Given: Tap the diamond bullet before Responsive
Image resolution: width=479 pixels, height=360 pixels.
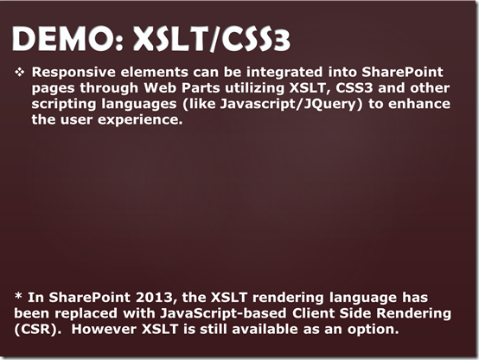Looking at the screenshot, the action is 20,72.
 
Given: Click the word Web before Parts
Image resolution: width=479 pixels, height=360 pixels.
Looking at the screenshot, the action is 160,87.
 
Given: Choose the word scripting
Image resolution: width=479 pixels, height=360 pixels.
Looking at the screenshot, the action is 64,105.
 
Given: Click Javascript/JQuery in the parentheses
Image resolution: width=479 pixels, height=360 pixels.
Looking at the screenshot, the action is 289,105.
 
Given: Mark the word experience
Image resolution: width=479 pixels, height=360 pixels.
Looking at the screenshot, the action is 140,120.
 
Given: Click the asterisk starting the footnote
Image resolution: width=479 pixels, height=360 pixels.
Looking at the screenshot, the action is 18,296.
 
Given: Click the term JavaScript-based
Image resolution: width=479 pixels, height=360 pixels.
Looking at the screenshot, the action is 223,313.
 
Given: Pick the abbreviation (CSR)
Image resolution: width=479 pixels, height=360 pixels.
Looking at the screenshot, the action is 35,330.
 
